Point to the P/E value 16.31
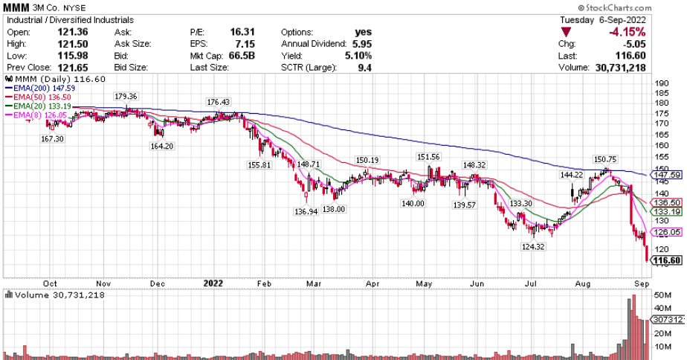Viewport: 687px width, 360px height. point(240,32)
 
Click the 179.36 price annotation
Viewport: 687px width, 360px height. point(126,97)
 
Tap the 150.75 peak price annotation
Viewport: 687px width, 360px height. point(605,158)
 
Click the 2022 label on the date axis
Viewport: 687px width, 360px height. point(213,283)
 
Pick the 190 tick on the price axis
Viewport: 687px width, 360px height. point(659,83)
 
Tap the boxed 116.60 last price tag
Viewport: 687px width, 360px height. point(666,260)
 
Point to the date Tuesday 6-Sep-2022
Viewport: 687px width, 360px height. point(603,19)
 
